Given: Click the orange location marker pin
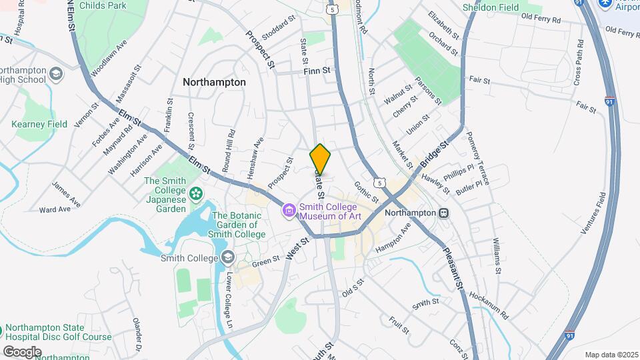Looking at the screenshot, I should [320, 160].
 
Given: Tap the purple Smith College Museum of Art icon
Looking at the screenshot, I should [289, 211].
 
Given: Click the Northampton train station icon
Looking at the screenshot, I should [443, 212].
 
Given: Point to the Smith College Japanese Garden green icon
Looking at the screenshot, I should [196, 194].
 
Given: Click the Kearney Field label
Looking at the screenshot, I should [39, 124].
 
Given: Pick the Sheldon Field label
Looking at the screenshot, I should [491, 7].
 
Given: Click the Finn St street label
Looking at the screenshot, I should [317, 70].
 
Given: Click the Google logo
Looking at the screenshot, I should [22, 351].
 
